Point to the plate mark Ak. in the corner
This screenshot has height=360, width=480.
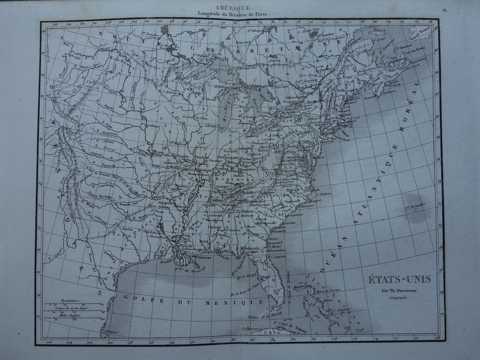pos(445,10)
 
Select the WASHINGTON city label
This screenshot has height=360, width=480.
pos(295,160)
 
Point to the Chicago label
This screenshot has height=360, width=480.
pos(211,126)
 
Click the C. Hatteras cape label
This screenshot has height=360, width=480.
pos(324,194)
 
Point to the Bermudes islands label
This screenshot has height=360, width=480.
pos(415,207)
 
